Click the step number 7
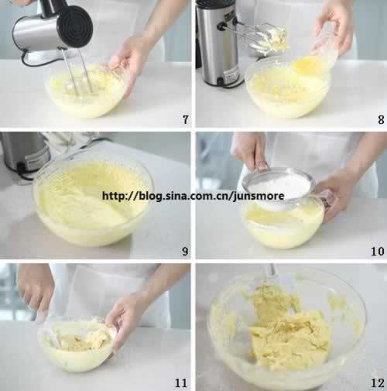point(186,119)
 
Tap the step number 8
point(381,119)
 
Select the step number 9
point(185,251)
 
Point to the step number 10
point(378,251)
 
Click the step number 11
point(180,382)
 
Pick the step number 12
point(378,382)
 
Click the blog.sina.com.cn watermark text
point(193,196)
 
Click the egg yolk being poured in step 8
point(307,66)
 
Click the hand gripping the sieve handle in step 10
point(249,153)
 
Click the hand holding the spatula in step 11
point(36,289)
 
